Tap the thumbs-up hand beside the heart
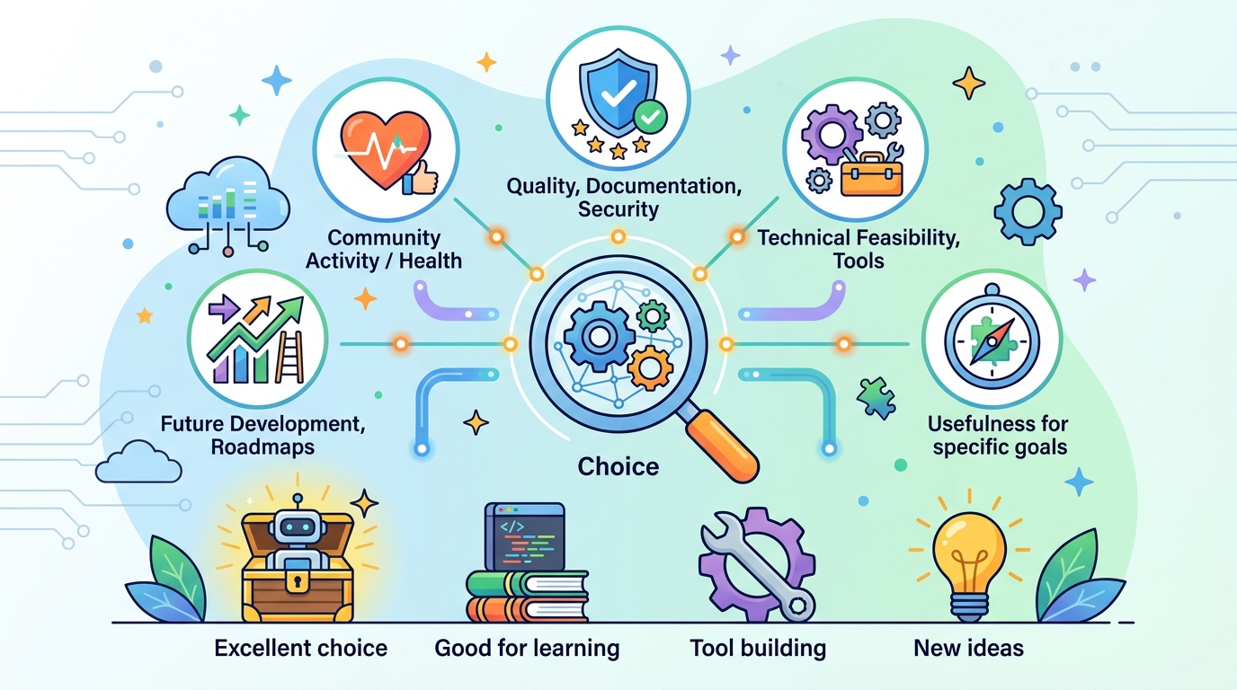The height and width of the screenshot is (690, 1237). tap(421, 178)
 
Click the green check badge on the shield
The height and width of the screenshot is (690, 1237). tap(650, 117)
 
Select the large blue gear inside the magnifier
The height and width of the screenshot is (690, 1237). tap(599, 336)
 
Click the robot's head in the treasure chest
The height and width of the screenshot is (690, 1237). tap(298, 526)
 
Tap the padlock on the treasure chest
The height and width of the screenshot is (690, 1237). tap(298, 581)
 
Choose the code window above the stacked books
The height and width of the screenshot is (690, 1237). tap(525, 536)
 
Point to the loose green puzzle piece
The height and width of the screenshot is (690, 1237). tap(876, 398)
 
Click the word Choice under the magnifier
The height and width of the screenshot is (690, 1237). tap(618, 467)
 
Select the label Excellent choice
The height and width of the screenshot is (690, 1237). tap(301, 648)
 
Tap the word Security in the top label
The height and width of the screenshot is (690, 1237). tap(618, 209)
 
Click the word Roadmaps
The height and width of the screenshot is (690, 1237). tap(263, 447)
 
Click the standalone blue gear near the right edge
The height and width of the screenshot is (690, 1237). tap(1028, 211)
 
